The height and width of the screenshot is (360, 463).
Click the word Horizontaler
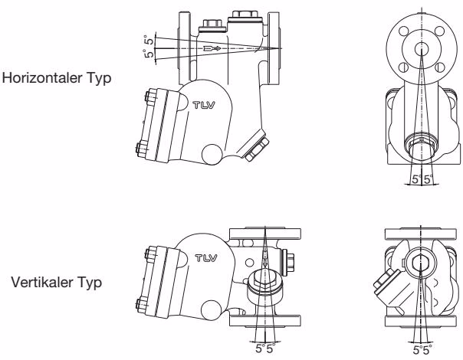click(x=42, y=78)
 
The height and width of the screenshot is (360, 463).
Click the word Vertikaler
click(x=41, y=283)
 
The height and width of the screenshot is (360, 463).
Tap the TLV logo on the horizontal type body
click(x=204, y=105)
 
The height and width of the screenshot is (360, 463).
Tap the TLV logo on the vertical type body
click(x=206, y=258)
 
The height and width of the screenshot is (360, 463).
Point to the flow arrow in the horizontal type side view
click(x=212, y=48)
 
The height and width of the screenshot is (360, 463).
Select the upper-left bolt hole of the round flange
click(x=404, y=31)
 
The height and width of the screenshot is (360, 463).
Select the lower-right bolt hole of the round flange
click(x=440, y=67)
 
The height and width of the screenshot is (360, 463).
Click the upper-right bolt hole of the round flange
click(x=440, y=31)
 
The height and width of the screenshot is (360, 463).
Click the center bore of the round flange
click(x=422, y=49)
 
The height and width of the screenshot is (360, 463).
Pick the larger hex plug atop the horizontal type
click(x=245, y=16)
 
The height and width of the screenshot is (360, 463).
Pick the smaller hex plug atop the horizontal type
click(x=212, y=26)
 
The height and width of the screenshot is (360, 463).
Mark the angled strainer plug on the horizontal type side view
click(x=256, y=148)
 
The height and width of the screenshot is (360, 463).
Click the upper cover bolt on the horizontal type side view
click(x=150, y=98)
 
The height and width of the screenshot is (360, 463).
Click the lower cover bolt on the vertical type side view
click(x=142, y=306)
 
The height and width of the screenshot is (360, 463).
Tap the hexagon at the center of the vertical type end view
click(x=420, y=262)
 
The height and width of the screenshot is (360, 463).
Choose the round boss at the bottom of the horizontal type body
click(x=212, y=154)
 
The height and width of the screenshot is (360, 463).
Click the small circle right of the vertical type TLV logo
click(x=249, y=262)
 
